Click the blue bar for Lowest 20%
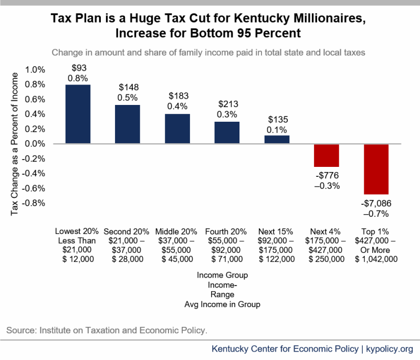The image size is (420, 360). (x=78, y=114)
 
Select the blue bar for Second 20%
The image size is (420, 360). (x=128, y=124)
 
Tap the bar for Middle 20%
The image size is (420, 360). (x=177, y=129)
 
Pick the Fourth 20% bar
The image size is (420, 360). (x=227, y=132)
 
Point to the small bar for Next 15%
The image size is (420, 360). (x=277, y=140)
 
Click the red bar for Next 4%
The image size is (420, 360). (x=326, y=155)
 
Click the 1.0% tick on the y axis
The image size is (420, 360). (x=36, y=70)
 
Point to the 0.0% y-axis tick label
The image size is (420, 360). (x=36, y=144)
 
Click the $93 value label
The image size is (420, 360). (x=78, y=68)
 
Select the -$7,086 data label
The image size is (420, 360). (x=376, y=204)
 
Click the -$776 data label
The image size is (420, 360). (x=326, y=176)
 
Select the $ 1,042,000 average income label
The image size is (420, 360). (x=376, y=259)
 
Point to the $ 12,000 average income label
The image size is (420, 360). (x=78, y=259)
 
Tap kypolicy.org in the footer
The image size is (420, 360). (x=390, y=349)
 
